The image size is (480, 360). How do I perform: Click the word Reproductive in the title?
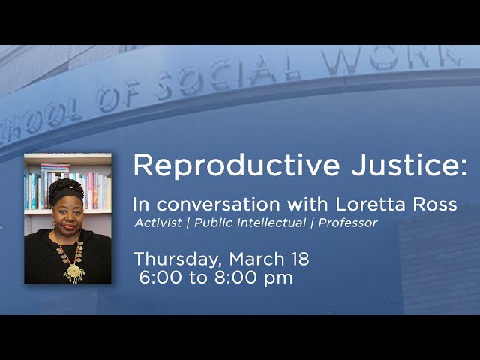point(236,166)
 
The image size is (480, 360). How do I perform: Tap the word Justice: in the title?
point(409,165)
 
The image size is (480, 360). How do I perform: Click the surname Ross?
point(435,205)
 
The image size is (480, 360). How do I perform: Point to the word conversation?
point(218,205)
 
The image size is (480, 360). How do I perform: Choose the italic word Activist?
point(158,223)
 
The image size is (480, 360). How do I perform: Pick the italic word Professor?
point(348,223)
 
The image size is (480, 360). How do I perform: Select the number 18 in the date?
point(301,259)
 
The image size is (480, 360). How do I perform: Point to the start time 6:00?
point(160,277)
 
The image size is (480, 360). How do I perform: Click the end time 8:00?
point(235,277)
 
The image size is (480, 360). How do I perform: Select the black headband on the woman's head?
point(67,195)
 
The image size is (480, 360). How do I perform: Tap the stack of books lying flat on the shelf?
point(55,168)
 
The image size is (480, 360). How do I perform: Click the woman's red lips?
point(70,227)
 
